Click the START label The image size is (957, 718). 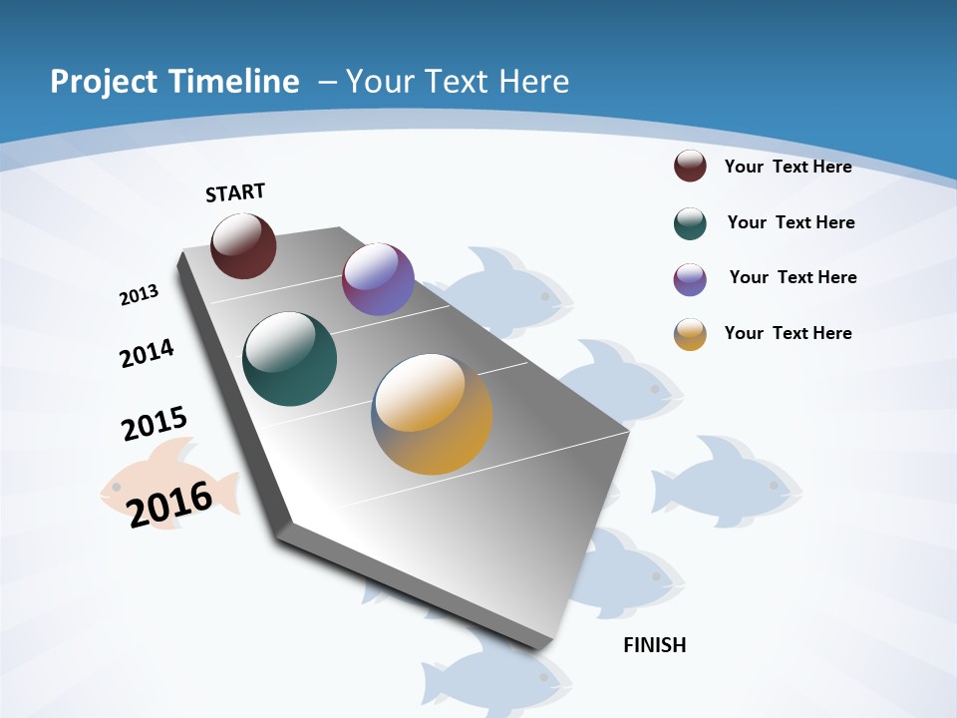[235, 192]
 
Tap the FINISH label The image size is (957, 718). [655, 645]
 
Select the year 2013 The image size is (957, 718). [139, 295]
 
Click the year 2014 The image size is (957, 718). [147, 353]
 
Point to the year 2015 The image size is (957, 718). [155, 424]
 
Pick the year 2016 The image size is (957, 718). [169, 504]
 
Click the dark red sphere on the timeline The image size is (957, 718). [243, 245]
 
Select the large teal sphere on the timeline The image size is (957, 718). [289, 359]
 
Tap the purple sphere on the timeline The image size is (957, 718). [378, 279]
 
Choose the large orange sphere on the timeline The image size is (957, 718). [432, 414]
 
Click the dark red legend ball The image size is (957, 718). [690, 166]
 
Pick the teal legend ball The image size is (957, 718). [690, 223]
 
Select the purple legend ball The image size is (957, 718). [690, 279]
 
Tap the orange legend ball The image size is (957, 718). [690, 334]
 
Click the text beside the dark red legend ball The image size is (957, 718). [788, 167]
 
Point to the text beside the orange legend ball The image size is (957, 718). [788, 333]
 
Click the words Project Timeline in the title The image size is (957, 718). [174, 81]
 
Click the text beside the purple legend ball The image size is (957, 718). [793, 277]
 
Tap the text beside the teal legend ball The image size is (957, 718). [791, 222]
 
